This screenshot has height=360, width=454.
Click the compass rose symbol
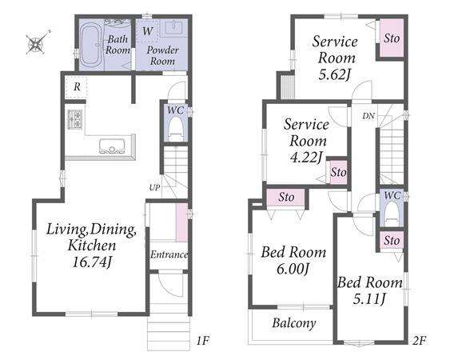37,43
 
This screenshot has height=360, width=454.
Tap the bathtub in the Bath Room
91,45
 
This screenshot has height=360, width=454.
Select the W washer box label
147,30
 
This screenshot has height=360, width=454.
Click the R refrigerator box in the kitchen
77,87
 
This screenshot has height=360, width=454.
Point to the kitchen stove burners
75,119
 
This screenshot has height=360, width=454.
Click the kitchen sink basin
113,146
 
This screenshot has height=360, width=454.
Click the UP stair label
154,188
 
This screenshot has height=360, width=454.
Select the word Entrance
169,254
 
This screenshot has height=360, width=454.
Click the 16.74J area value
91,262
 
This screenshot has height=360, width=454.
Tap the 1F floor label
203,341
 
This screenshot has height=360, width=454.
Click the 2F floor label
419,341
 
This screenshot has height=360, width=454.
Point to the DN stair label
368,116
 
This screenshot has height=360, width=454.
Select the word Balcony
294,323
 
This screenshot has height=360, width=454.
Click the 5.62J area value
335,75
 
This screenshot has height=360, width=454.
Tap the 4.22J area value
306,158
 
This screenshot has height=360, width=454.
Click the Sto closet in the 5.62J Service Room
392,38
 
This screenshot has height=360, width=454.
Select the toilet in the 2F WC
392,213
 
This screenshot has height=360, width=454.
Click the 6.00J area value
293,269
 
